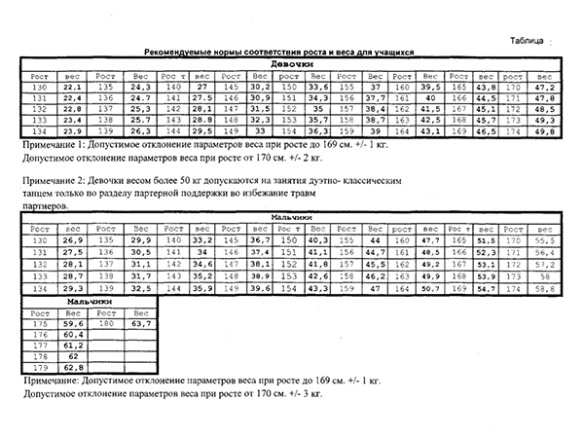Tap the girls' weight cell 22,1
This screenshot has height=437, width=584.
[71, 87]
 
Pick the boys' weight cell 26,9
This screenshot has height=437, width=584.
[73, 239]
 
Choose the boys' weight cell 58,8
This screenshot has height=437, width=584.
[545, 289]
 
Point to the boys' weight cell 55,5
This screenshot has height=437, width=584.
[545, 239]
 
